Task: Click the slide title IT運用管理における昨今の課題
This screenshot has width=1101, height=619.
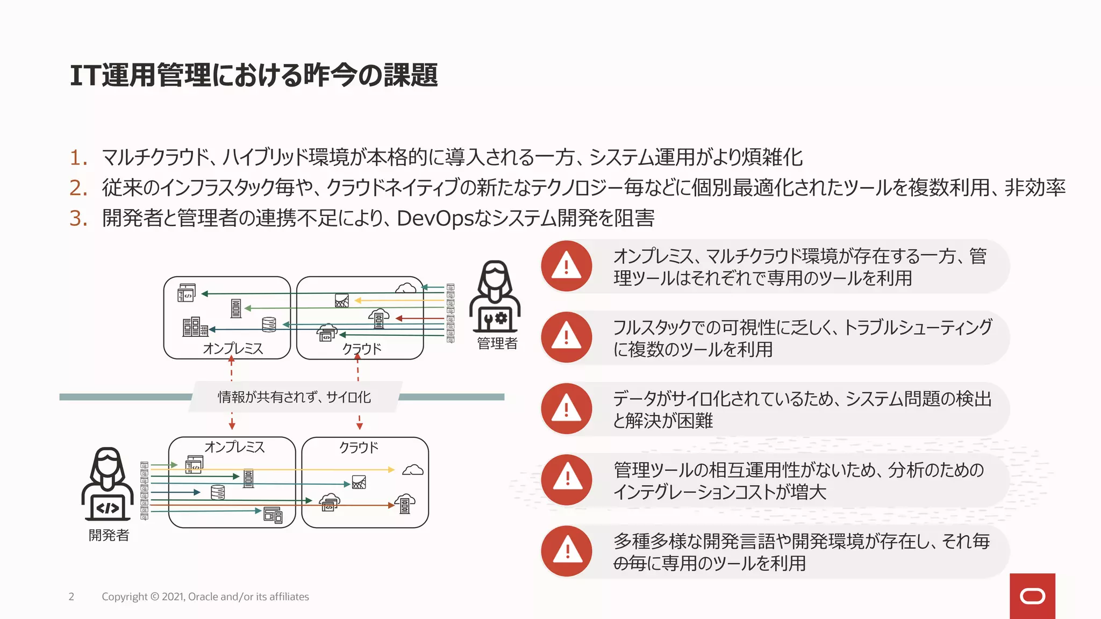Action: click(x=254, y=75)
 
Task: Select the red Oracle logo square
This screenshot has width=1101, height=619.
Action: click(x=1032, y=596)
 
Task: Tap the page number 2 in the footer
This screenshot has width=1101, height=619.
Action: click(x=71, y=596)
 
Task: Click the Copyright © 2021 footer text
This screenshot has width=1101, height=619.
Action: click(x=205, y=596)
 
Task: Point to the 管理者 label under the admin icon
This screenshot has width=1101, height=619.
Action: click(x=497, y=343)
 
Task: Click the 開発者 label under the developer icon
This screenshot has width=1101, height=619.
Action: click(x=109, y=535)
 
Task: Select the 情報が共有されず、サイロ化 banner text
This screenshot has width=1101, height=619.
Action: click(x=294, y=397)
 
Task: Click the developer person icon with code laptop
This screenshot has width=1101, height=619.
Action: click(x=108, y=484)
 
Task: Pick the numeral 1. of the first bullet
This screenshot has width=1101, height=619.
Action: click(x=78, y=158)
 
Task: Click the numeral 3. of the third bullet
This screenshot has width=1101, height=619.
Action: click(x=78, y=219)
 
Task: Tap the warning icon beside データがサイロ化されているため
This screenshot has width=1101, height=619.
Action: click(x=567, y=408)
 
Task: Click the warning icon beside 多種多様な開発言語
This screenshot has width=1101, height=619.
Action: click(x=567, y=551)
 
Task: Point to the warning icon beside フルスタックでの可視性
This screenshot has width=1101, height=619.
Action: click(x=567, y=337)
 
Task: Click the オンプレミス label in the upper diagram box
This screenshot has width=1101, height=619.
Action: click(x=233, y=349)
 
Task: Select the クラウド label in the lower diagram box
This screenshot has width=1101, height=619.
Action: click(x=359, y=448)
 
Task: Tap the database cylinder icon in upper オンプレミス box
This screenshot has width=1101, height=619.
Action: click(x=269, y=325)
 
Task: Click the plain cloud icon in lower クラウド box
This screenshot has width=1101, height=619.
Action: click(x=413, y=470)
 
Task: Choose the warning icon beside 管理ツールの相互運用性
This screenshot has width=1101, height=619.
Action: click(x=567, y=480)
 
